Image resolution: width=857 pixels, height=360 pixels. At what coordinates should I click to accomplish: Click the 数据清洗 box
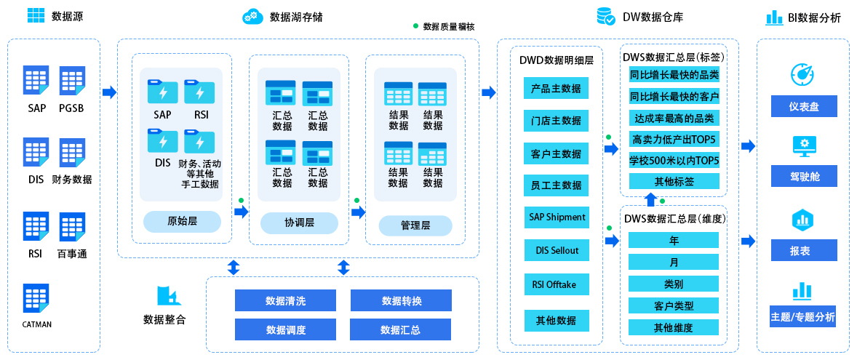[286, 300]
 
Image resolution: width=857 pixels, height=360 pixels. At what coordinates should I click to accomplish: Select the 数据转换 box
[401, 300]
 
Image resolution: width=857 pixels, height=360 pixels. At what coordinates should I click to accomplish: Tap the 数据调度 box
[286, 329]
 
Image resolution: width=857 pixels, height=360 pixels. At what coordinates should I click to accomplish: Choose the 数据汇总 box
[401, 329]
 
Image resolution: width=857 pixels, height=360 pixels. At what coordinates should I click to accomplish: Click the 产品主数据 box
[556, 89]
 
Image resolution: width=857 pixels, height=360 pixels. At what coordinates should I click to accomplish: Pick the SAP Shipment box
[556, 217]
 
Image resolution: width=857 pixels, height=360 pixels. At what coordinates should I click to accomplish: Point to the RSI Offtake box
[556, 284]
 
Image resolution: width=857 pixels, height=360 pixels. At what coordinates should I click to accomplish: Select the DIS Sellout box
[556, 250]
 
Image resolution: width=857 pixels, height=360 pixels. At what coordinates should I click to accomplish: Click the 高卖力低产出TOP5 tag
[674, 139]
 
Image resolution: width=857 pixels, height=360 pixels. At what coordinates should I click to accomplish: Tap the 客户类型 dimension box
[674, 306]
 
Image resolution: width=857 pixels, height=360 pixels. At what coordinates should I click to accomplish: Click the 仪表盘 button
[803, 107]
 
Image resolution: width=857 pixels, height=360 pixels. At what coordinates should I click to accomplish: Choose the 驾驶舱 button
[803, 177]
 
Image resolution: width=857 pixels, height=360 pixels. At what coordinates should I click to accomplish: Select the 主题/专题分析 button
[803, 317]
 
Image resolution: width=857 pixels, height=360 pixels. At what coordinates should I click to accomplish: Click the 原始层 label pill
[182, 221]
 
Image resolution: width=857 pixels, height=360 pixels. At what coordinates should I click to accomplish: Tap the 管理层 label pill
[415, 225]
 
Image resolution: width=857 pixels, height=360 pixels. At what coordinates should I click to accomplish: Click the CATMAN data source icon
[36, 298]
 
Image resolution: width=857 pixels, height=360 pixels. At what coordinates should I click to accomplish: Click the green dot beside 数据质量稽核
[415, 26]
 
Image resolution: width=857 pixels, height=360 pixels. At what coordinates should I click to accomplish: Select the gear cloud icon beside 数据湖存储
[252, 16]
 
